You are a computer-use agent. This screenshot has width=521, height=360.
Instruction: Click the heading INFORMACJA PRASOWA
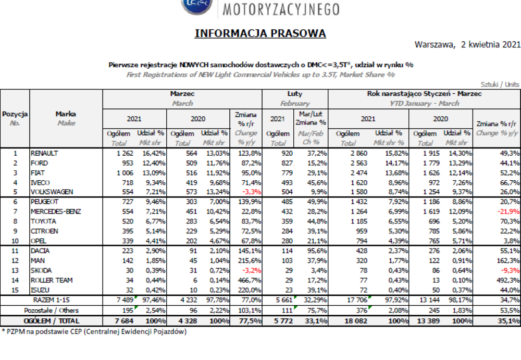click(x=260, y=33)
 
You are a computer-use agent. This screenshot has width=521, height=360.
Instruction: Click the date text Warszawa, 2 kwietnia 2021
click(x=467, y=45)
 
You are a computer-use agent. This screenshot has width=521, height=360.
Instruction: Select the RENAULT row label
click(x=44, y=153)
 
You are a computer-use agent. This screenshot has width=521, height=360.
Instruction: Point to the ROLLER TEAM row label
click(x=52, y=280)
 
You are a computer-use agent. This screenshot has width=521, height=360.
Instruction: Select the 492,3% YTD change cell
click(x=507, y=280)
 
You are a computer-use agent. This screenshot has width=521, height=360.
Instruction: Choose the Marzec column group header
click(x=182, y=94)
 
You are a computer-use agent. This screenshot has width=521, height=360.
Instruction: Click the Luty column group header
click(x=295, y=94)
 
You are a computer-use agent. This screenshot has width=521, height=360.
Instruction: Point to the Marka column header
click(x=66, y=114)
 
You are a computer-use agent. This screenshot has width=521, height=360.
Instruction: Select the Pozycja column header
click(x=15, y=114)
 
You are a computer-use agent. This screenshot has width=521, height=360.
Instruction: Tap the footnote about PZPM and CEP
click(x=94, y=331)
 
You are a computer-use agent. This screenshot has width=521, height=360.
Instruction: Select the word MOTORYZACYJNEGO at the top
click(x=281, y=9)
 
